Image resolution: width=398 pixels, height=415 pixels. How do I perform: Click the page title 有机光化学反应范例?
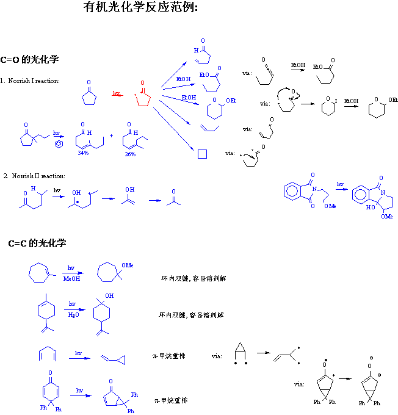140,9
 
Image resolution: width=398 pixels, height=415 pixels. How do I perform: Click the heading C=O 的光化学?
30,60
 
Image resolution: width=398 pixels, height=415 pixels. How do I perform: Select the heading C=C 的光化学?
37,243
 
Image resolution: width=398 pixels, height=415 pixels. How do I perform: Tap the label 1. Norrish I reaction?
30,81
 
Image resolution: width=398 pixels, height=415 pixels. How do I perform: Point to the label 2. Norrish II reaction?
34,176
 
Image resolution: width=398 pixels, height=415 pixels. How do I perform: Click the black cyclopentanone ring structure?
89,96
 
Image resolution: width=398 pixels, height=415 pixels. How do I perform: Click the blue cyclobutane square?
203,154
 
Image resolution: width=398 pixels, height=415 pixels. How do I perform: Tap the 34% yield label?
83,153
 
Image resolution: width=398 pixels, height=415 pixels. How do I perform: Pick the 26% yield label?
130,154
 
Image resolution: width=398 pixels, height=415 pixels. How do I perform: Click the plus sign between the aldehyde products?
111,135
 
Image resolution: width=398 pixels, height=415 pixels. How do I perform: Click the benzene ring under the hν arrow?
57,144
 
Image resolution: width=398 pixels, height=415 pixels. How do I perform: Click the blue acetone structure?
173,199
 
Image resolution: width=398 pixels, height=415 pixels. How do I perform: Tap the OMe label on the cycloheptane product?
127,264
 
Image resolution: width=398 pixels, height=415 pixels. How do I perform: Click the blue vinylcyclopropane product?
115,361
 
